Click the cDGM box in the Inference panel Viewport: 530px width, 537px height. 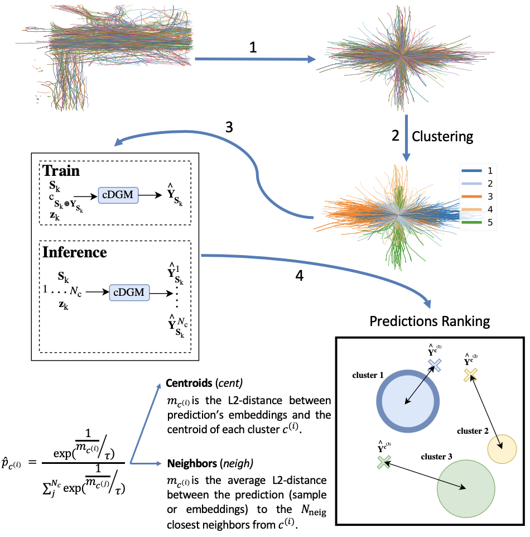(x=129, y=292)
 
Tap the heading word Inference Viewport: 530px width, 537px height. (x=75, y=252)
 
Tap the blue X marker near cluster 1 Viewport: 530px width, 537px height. (x=435, y=365)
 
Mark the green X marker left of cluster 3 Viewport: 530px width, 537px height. (x=383, y=462)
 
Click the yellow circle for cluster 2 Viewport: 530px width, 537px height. (x=501, y=448)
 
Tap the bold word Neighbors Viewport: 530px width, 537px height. (x=190, y=463)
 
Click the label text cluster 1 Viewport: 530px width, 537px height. (x=368, y=375)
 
